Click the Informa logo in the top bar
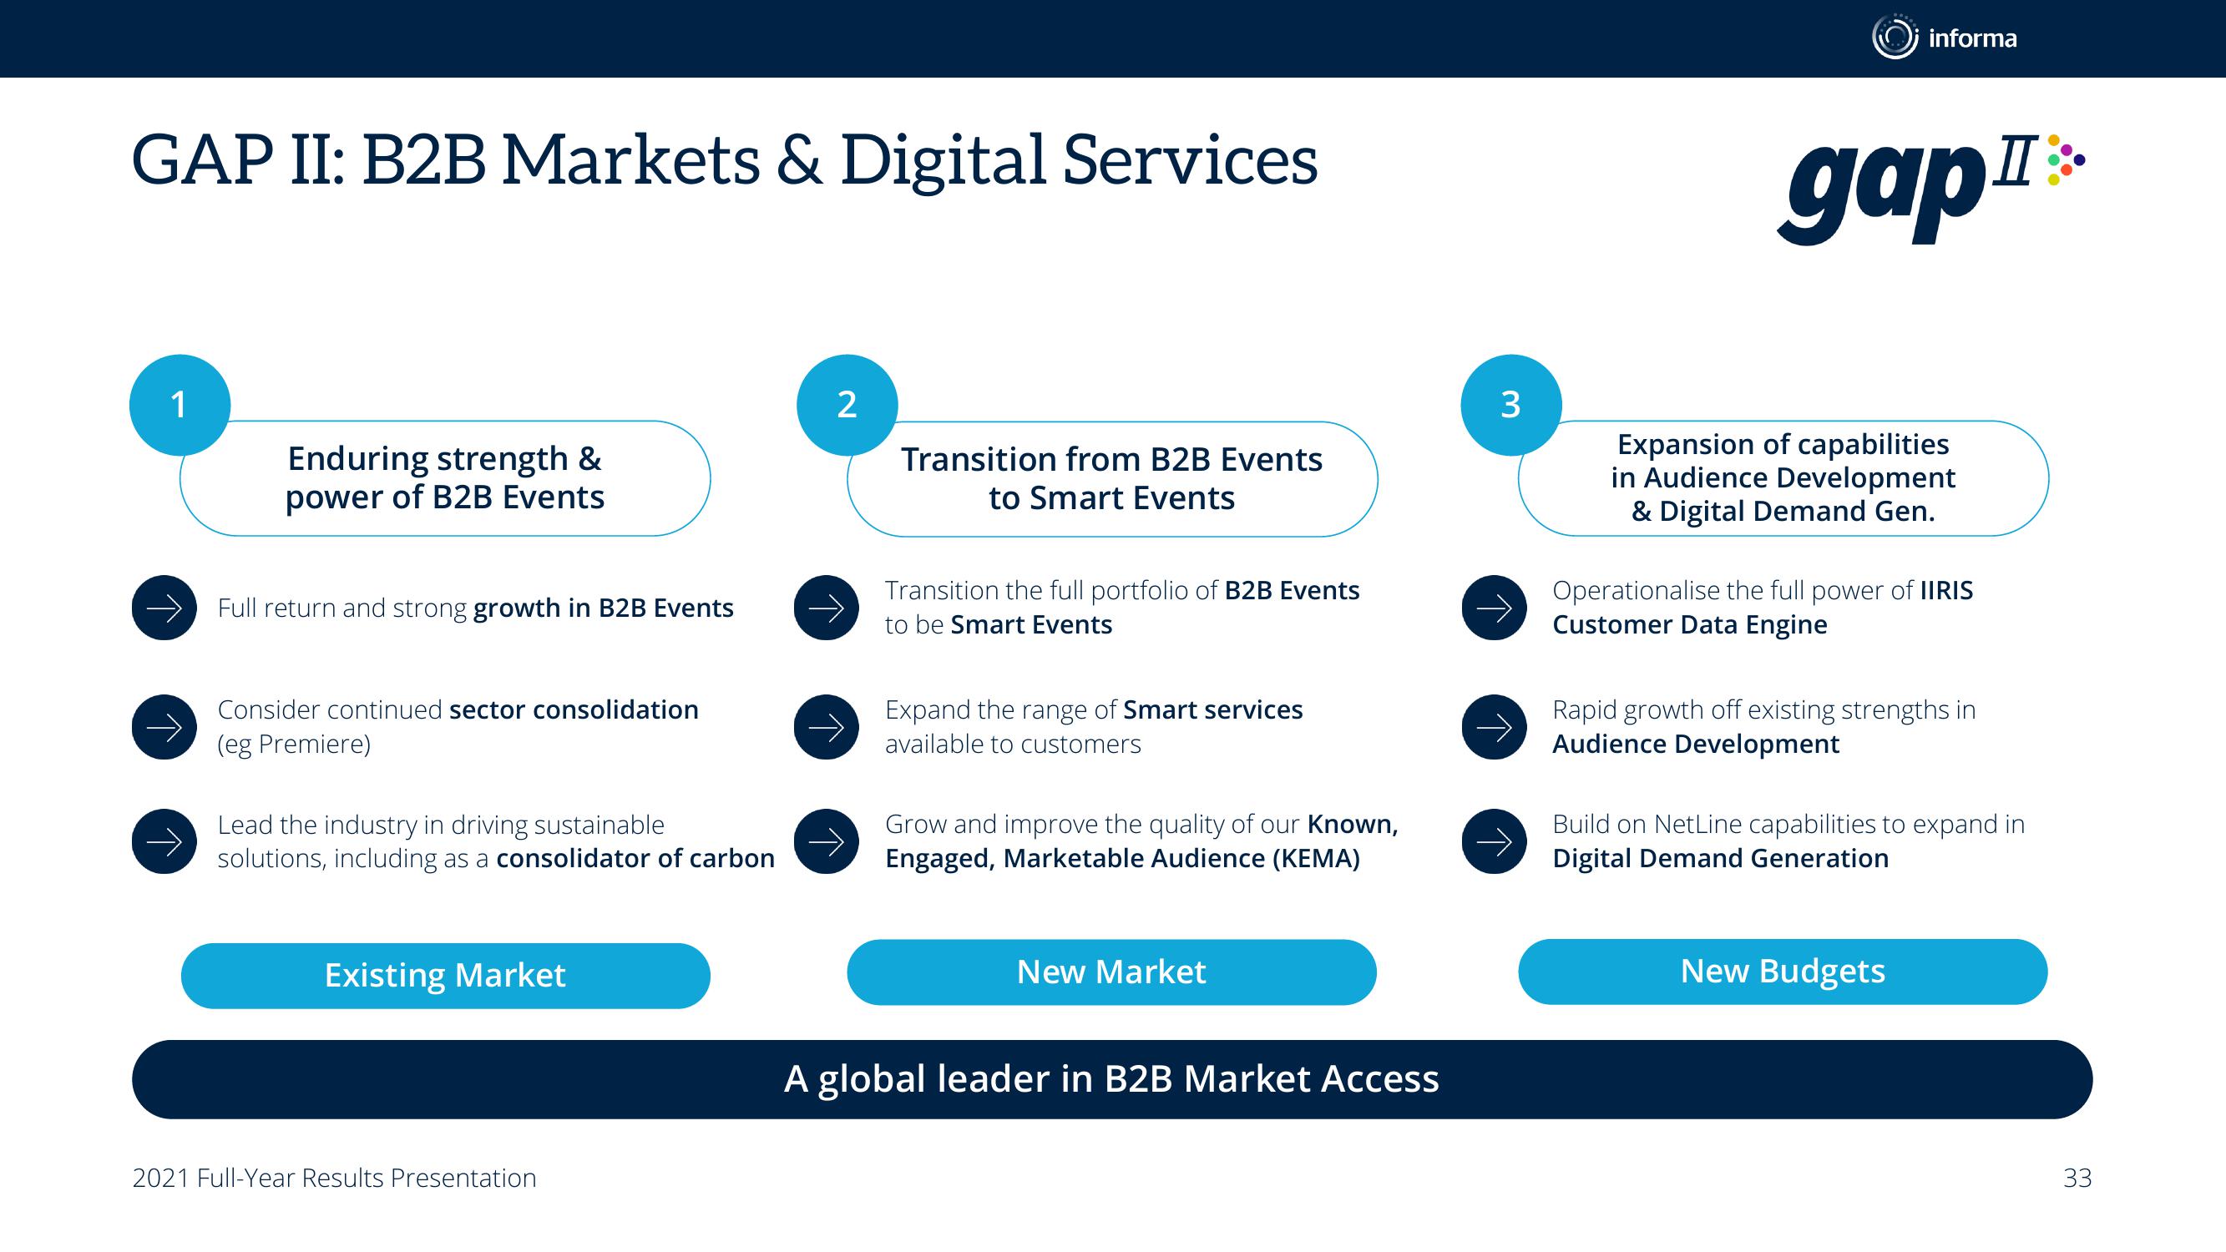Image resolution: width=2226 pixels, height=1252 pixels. click(x=1945, y=38)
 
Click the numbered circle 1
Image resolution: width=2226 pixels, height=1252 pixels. click(x=180, y=404)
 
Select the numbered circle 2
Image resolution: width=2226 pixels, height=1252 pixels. click(x=847, y=404)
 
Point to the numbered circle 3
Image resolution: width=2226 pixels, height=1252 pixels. click(x=1510, y=404)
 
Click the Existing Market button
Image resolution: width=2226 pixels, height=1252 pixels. click(x=445, y=976)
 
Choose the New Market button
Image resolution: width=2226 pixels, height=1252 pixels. click(x=1111, y=972)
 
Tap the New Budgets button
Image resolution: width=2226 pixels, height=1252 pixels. click(x=1783, y=972)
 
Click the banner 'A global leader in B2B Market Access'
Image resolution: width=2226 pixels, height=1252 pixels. click(x=1112, y=1079)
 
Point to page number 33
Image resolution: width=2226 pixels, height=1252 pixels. click(x=2077, y=1178)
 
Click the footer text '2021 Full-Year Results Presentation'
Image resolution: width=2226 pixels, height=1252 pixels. click(x=335, y=1179)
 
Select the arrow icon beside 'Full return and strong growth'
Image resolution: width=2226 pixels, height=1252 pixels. click(x=164, y=608)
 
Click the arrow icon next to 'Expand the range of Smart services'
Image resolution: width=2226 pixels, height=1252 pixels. click(x=826, y=727)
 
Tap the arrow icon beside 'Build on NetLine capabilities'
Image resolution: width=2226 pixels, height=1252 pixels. click(x=1494, y=841)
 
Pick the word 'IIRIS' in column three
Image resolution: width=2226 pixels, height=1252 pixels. click(x=1946, y=590)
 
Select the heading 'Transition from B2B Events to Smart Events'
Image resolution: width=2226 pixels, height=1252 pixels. click(x=1111, y=478)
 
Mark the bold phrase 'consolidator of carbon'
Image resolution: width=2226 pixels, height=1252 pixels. click(x=635, y=858)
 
